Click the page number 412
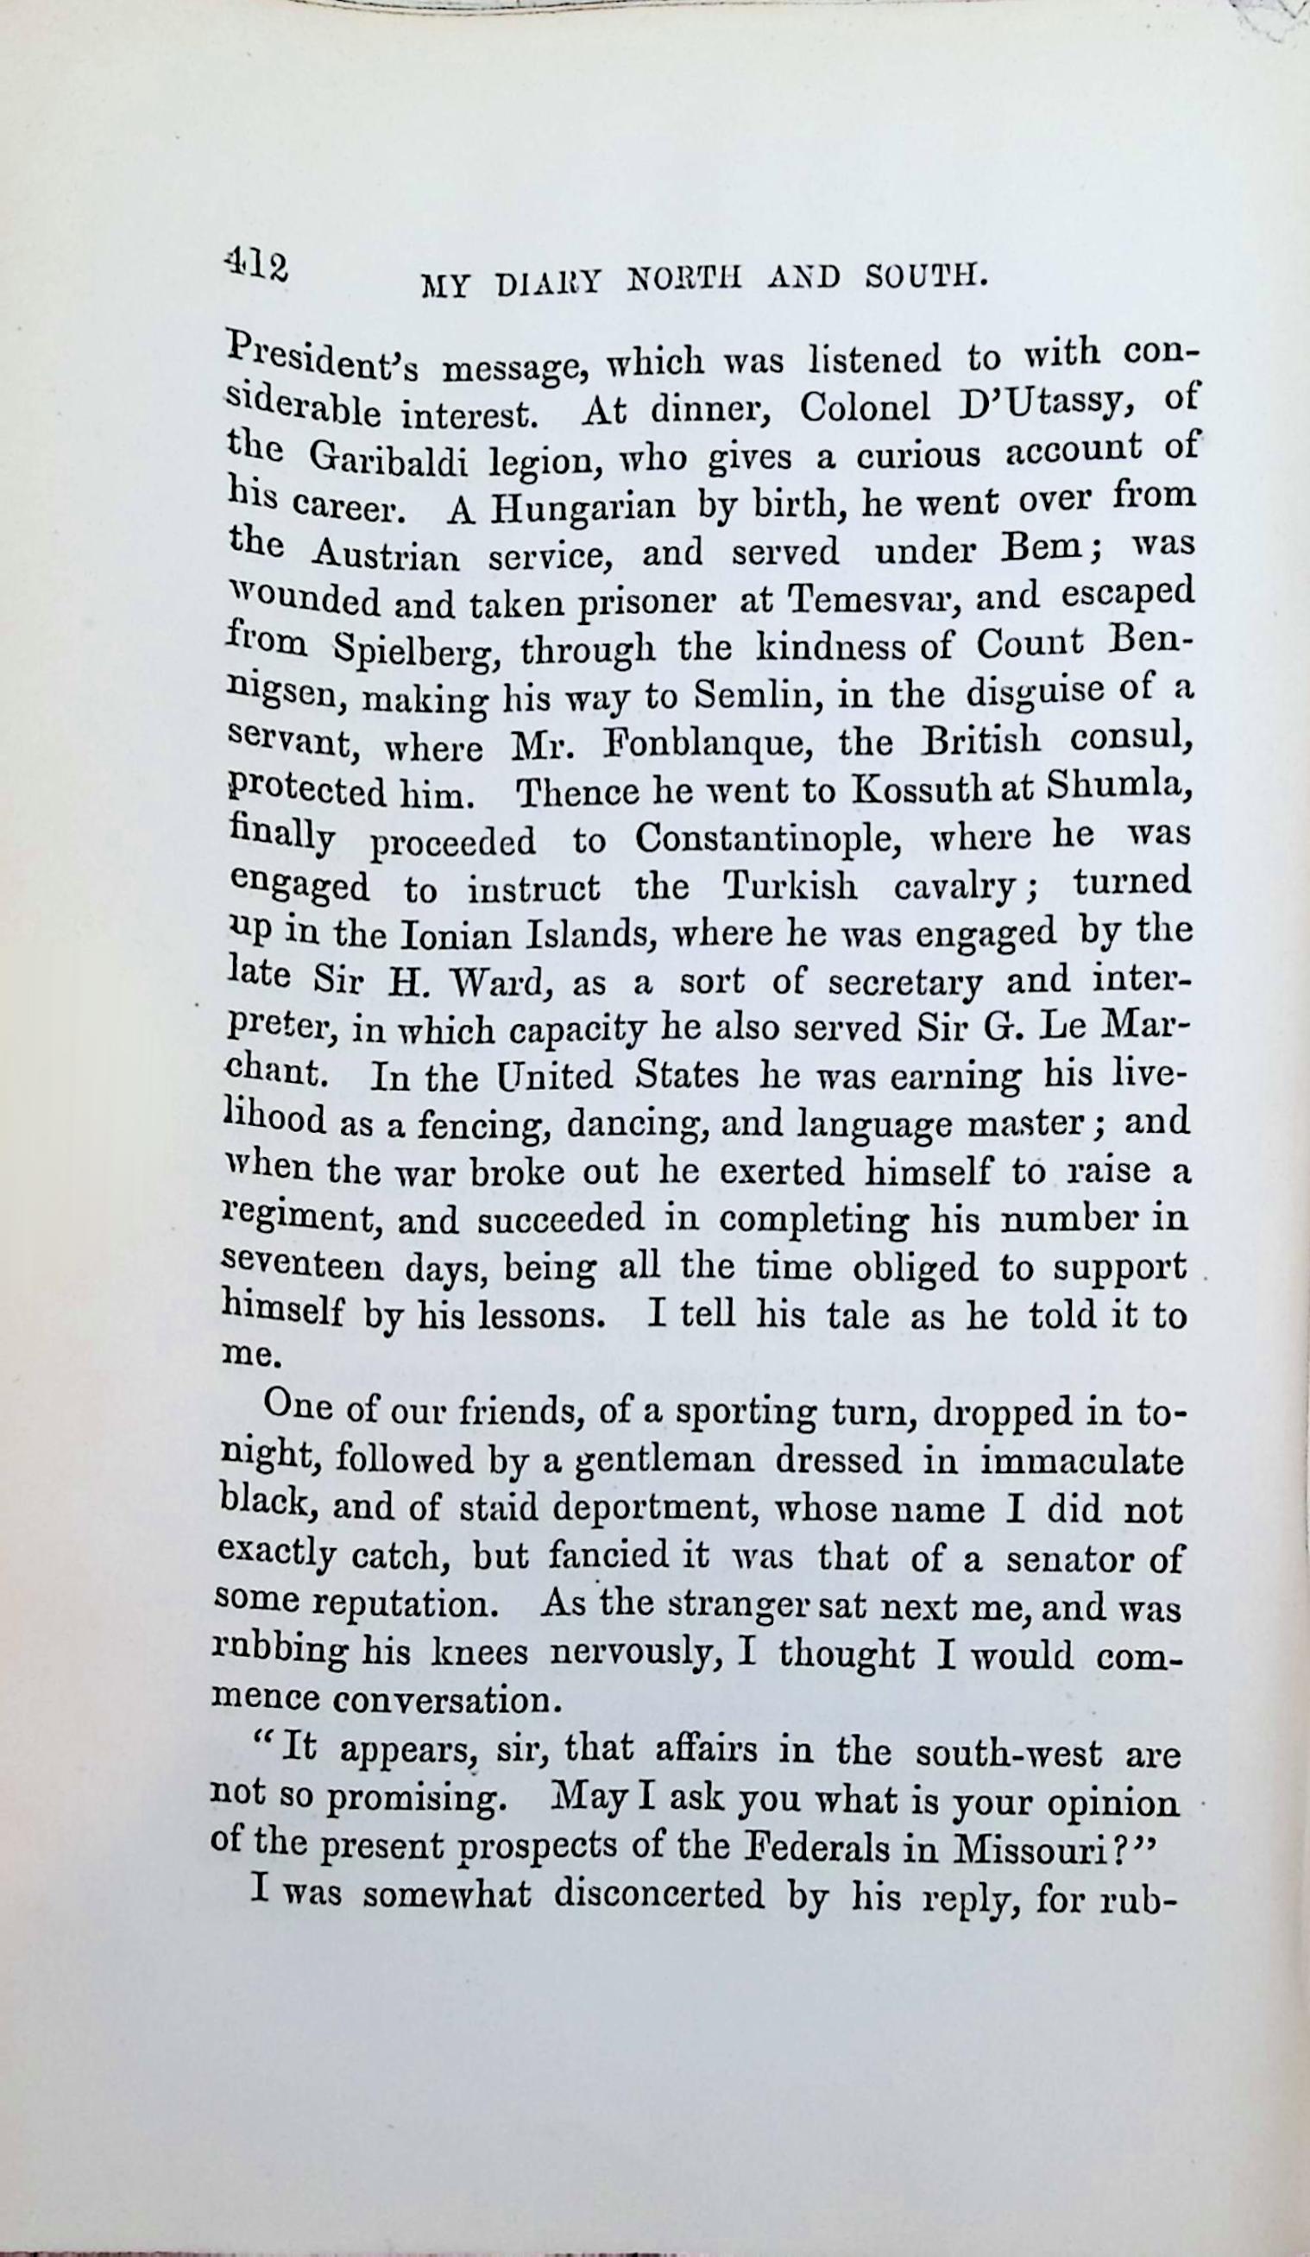pyautogui.click(x=256, y=266)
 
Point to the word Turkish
pyautogui.click(x=788, y=887)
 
